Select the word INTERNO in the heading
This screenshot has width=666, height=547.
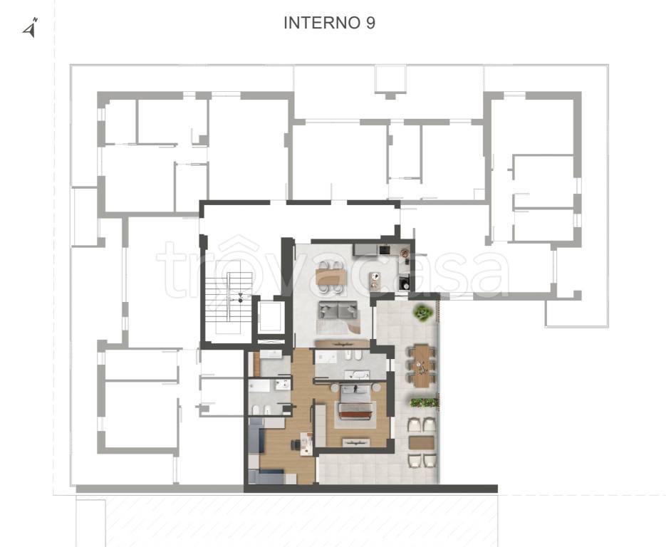[323, 23]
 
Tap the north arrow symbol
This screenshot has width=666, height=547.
[31, 28]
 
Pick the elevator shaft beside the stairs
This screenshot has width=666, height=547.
[270, 316]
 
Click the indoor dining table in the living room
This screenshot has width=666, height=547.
[331, 277]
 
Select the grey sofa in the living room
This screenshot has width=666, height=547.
[338, 310]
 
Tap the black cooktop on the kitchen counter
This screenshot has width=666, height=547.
[385, 249]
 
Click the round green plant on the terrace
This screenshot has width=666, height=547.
[424, 313]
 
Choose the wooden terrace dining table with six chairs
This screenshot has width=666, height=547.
[422, 365]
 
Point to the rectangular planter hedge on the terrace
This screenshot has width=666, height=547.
[424, 402]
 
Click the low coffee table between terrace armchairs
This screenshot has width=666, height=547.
[421, 442]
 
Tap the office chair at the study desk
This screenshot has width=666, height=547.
[295, 444]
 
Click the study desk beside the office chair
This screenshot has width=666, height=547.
[306, 444]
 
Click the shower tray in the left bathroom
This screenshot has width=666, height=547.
[259, 386]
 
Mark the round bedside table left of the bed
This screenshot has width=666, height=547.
[334, 387]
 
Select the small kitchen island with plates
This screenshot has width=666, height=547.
[375, 281]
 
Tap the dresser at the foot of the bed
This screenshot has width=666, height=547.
[356, 442]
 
